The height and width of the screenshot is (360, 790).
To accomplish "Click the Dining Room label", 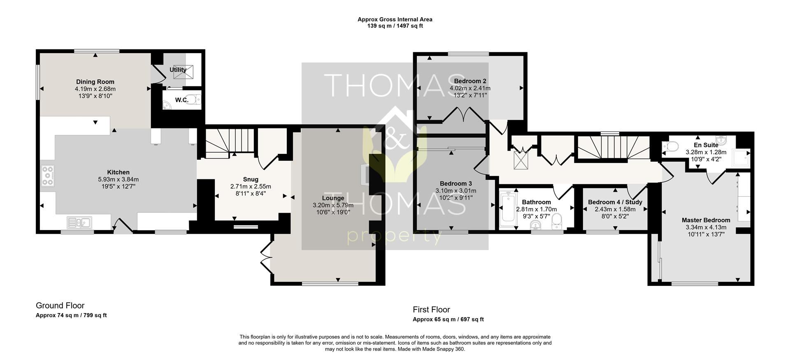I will pos(95,82).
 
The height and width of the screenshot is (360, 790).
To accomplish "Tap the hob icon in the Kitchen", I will pos(48,176).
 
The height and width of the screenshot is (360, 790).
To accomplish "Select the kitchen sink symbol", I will pos(79,223).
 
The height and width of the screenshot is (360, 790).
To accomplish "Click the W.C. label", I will pos(181,100).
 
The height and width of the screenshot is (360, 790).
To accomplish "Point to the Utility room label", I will pos(178,70).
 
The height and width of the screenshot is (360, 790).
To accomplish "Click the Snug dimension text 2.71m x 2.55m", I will pos(251,186).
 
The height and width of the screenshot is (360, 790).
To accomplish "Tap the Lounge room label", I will pos(333,198).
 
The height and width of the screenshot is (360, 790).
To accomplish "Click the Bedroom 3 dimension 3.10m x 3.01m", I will pos(455,191).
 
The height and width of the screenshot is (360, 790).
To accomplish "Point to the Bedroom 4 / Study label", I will pos(615,202).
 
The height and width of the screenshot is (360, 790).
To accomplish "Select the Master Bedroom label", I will pos(706,220).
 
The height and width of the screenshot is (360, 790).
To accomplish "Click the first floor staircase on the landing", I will pos(613,148).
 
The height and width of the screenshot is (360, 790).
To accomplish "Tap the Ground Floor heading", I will pos(60,306).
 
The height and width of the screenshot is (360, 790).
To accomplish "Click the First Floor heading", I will pos(431,310).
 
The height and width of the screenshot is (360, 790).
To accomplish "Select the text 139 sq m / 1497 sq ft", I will pos(395,26).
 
